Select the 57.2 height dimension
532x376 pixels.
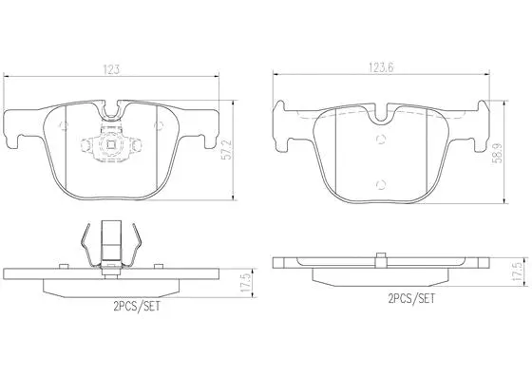click(250, 148)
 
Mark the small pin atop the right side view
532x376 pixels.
click(380, 254)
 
